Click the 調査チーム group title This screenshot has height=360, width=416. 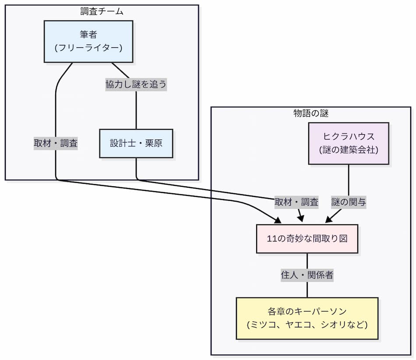click(x=102, y=12)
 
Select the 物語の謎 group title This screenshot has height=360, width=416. click(x=311, y=113)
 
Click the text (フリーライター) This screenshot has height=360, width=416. click(x=88, y=48)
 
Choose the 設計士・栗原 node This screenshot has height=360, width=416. click(x=136, y=143)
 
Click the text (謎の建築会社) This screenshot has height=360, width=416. click(x=349, y=150)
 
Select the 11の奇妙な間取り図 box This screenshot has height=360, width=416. click(x=307, y=239)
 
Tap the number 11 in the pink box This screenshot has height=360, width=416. click(x=271, y=239)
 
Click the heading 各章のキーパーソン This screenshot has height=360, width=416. click(x=307, y=312)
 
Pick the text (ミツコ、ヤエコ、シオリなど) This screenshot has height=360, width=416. click(x=307, y=325)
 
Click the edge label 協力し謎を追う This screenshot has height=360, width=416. click(x=136, y=84)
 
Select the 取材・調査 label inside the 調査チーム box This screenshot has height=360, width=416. click(x=56, y=143)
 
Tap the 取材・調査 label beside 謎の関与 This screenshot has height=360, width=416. click(x=296, y=202)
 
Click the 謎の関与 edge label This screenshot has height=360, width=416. click(x=349, y=202)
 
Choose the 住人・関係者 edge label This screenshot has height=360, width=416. click(x=307, y=275)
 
